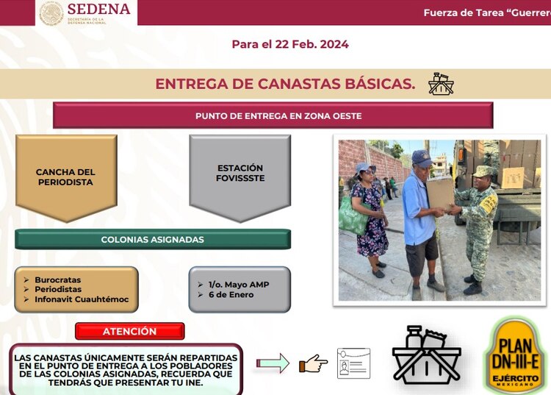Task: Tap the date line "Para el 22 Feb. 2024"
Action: click(x=289, y=44)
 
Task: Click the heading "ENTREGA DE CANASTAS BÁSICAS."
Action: click(x=284, y=84)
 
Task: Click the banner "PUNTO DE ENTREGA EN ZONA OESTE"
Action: click(x=273, y=115)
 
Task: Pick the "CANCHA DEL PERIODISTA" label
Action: click(x=65, y=177)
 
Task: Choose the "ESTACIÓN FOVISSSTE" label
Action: click(x=240, y=173)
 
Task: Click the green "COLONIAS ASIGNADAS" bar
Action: click(x=152, y=239)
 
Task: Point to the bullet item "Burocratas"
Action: click(x=58, y=280)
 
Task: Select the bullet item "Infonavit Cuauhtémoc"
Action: click(x=82, y=299)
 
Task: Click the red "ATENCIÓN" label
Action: click(x=129, y=331)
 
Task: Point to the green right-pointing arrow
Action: click(x=273, y=363)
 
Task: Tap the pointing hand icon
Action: click(x=314, y=363)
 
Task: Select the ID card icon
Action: click(x=353, y=363)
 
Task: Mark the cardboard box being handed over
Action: click(x=439, y=193)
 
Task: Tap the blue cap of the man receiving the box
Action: click(x=422, y=157)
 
